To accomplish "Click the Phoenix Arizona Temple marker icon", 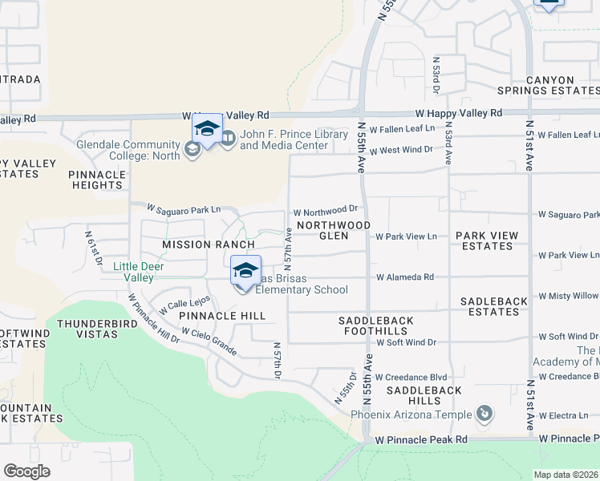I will [484, 414].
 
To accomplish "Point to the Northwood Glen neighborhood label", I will [334, 230].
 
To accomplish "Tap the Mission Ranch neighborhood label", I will [208, 245].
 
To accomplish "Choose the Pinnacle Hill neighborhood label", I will [221, 316].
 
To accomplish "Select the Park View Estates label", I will [487, 240].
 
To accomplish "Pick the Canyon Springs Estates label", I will [561, 86].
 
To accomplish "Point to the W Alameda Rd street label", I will [405, 277].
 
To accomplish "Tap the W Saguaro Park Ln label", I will [183, 209].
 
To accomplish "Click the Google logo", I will [26, 471].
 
